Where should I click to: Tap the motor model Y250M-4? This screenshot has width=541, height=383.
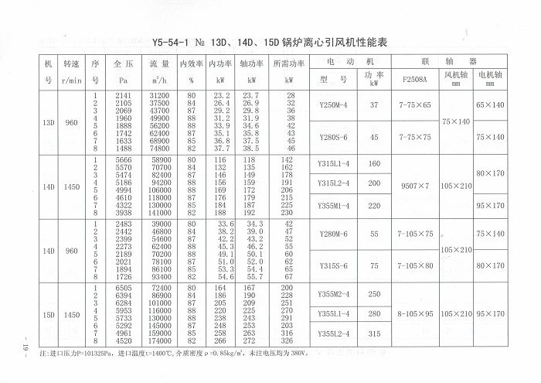click(333, 104)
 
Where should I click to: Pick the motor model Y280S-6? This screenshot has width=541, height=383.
click(333, 137)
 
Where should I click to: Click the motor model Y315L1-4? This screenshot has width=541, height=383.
click(334, 164)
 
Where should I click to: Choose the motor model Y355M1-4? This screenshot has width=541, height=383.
click(334, 205)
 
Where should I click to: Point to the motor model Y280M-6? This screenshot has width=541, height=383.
click(333, 233)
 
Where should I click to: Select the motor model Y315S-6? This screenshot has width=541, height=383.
click(333, 265)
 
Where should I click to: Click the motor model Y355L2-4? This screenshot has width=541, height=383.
click(334, 333)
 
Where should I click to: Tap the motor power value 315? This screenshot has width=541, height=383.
click(374, 333)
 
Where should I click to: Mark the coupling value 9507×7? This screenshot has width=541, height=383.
click(417, 185)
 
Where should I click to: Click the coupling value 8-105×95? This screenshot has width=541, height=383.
click(417, 314)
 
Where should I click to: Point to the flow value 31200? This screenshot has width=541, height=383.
click(159, 94)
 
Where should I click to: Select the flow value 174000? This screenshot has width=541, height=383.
click(159, 340)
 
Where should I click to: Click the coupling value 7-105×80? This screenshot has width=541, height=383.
click(417, 265)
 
